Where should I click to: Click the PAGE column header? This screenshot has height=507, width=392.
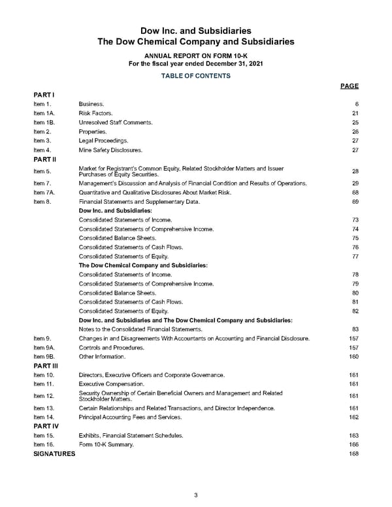click(350, 86)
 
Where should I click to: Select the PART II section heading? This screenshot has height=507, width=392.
click(44, 159)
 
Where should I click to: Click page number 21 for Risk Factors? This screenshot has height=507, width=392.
click(355, 113)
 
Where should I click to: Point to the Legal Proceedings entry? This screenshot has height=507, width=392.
click(103, 140)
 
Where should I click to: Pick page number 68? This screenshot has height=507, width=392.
click(355, 192)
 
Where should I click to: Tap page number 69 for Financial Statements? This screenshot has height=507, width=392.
click(355, 202)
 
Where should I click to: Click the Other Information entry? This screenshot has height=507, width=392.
click(101, 357)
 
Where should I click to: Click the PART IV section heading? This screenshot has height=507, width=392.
click(45, 425)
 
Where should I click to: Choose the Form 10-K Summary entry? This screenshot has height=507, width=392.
click(106, 444)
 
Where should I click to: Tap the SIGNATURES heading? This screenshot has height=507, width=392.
click(54, 453)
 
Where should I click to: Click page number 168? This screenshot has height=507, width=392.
click(354, 453)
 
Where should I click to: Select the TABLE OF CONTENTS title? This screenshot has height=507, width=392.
click(195, 76)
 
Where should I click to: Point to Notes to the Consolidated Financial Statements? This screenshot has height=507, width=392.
click(140, 329)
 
